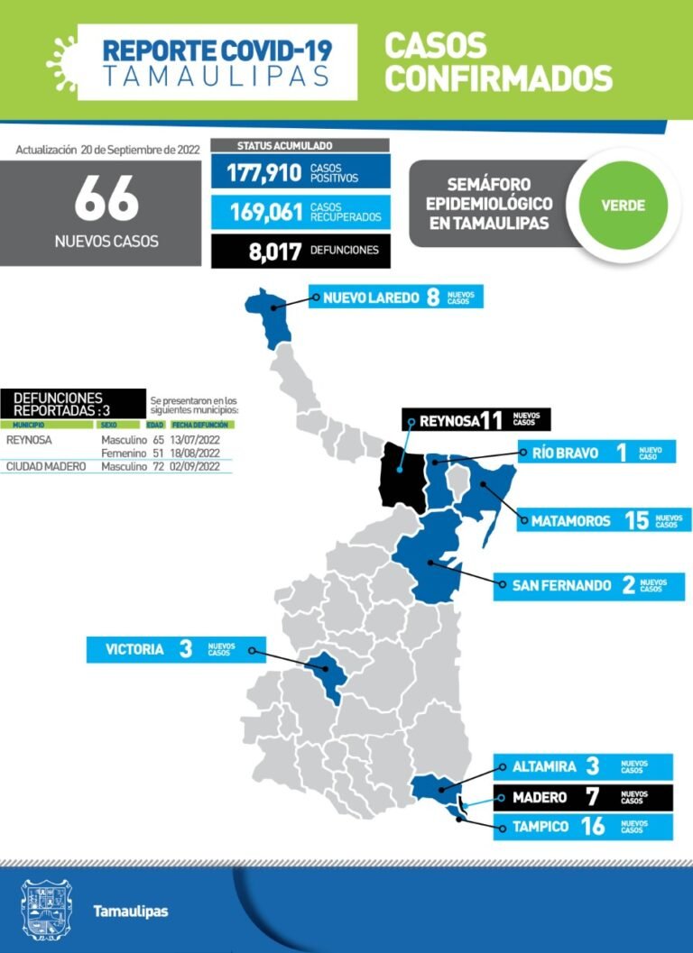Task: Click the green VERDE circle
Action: point(624,205)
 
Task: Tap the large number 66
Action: point(106,198)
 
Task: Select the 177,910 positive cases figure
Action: point(263,172)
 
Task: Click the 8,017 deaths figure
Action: point(275,251)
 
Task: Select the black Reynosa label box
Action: point(476,420)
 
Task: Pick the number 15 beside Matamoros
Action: point(637,520)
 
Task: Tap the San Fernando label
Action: point(561,586)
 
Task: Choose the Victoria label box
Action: point(167,649)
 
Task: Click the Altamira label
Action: point(544,767)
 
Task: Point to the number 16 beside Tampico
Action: point(593,827)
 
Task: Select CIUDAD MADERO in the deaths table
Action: point(46,467)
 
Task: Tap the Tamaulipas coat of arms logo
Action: point(45,910)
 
